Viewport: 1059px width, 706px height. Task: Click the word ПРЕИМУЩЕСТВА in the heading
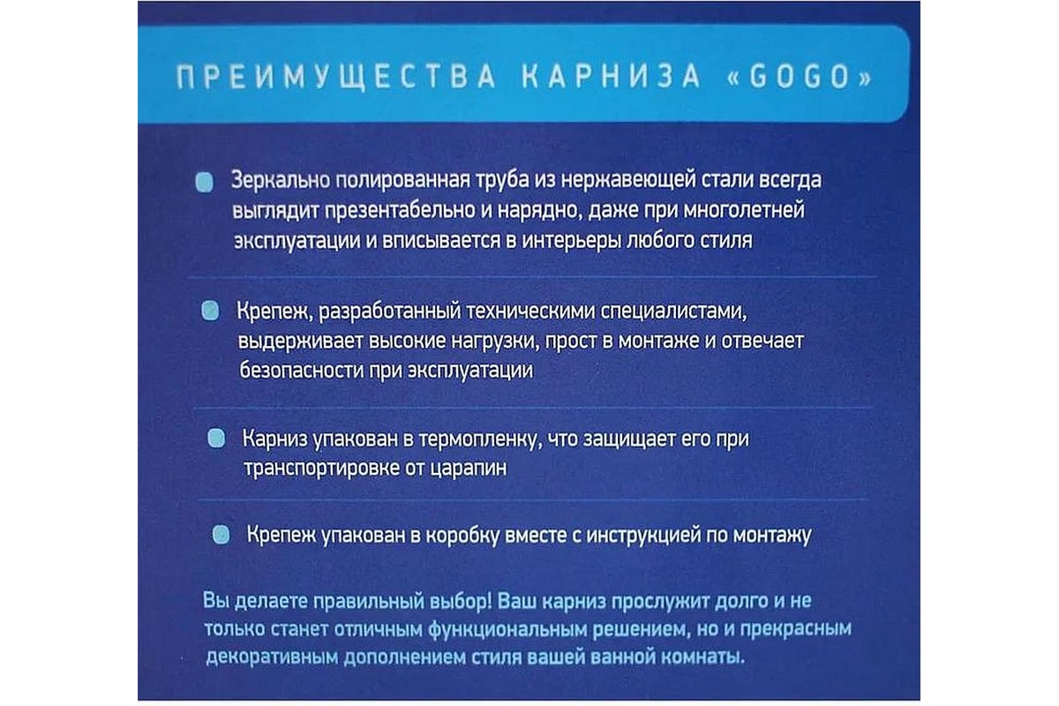[336, 77]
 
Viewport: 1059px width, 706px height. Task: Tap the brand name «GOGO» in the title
[799, 77]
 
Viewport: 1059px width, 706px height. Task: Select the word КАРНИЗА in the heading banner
[611, 77]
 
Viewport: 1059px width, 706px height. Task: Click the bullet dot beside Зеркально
[204, 182]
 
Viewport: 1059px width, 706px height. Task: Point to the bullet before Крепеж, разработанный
[210, 312]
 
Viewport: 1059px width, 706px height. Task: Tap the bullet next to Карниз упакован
[216, 439]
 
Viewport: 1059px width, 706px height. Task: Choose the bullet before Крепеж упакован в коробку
[222, 535]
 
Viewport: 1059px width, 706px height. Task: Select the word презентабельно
[400, 210]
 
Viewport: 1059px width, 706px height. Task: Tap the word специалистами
[673, 312]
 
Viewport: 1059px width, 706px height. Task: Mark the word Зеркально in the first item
[281, 181]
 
